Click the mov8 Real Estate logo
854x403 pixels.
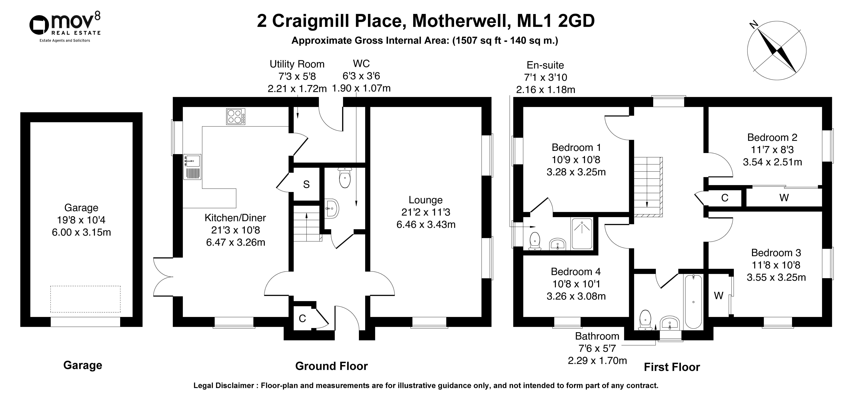pos(65,27)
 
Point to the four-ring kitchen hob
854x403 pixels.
pos(236,117)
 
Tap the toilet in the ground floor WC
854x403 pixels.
pos(345,178)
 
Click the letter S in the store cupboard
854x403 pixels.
pos(306,185)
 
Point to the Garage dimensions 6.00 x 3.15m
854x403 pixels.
pos(81,232)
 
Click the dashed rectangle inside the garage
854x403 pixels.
pos(85,299)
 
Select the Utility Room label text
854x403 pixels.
pos(297,64)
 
